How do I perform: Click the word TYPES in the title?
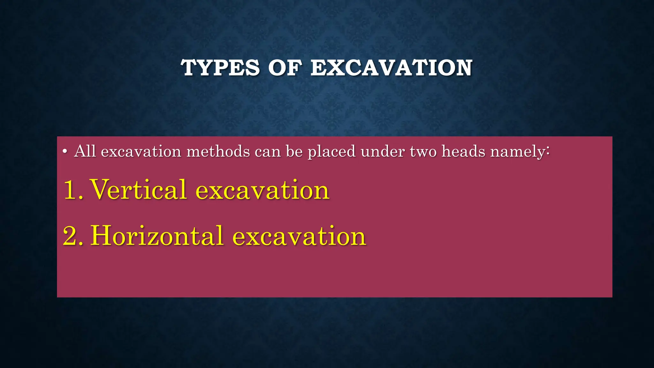[220, 68]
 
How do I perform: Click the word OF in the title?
[285, 68]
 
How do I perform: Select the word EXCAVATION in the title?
[391, 68]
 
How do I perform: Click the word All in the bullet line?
[85, 151]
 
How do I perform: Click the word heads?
[463, 151]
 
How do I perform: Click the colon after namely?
[548, 151]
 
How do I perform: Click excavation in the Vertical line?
[262, 190]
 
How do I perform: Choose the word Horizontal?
[157, 236]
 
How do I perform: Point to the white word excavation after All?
[141, 151]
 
